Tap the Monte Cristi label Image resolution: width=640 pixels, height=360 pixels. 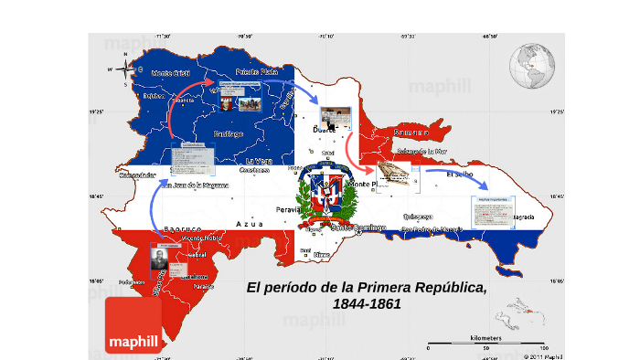(x=171, y=72)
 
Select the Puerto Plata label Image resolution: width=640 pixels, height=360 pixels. (x=257, y=71)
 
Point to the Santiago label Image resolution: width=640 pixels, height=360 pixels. (x=228, y=133)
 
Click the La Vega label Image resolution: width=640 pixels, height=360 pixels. (x=259, y=161)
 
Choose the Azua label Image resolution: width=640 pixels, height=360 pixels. (x=249, y=223)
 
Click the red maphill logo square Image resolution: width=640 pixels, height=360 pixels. (x=133, y=324)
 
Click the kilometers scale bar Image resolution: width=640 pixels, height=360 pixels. (x=485, y=345)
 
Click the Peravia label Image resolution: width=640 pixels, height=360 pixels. (x=288, y=209)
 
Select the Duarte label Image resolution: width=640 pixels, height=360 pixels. (x=325, y=131)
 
